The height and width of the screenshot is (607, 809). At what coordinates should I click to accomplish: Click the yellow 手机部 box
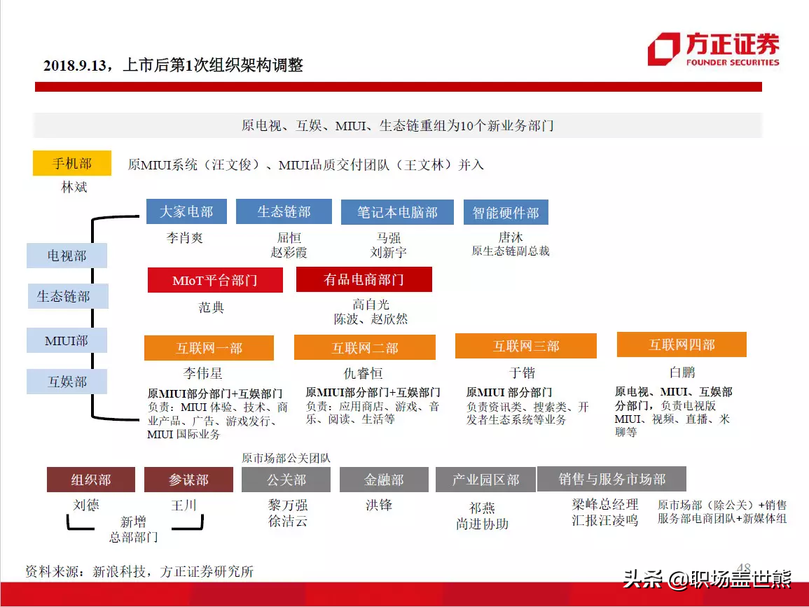(x=72, y=164)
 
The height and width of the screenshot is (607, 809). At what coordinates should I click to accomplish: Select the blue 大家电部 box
(x=186, y=211)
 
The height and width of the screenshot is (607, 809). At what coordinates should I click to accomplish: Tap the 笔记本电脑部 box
(x=397, y=212)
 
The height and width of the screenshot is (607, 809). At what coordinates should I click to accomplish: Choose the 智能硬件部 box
(x=506, y=212)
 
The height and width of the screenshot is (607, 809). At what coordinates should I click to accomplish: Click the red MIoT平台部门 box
(x=215, y=280)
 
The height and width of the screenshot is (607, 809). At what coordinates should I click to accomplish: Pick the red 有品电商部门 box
(x=364, y=279)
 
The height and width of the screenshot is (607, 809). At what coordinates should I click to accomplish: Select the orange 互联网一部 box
(x=209, y=348)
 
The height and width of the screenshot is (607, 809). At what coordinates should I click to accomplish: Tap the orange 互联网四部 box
(x=682, y=344)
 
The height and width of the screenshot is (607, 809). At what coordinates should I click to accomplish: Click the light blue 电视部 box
(x=67, y=256)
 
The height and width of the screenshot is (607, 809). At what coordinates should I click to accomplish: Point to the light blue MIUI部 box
(x=67, y=340)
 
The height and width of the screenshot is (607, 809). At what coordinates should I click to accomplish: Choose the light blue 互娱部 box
(x=67, y=382)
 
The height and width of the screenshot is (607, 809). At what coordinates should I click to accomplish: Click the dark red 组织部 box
(x=91, y=480)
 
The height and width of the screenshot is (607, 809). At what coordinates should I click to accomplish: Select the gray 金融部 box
(x=384, y=480)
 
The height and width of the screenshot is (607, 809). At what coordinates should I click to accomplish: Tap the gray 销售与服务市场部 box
(x=612, y=479)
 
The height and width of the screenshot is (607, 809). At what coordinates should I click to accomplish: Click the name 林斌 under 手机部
(x=74, y=187)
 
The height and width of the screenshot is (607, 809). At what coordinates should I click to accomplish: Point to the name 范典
(x=211, y=307)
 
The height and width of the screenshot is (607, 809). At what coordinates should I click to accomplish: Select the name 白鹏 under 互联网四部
(x=682, y=372)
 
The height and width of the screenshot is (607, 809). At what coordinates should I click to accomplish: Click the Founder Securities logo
(x=714, y=50)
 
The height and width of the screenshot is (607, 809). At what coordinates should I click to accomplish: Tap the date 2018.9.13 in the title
(x=76, y=66)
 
